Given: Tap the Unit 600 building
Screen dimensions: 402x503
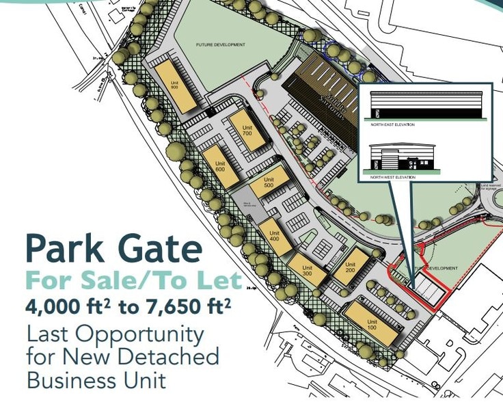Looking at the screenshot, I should pos(220,166).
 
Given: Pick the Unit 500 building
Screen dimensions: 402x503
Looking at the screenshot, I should pos(267,186).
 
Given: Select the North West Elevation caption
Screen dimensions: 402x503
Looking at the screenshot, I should pos(393,177).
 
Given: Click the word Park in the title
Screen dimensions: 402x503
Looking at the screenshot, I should pos(69,250).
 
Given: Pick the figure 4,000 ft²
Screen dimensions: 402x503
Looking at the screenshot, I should pos(68,307).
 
